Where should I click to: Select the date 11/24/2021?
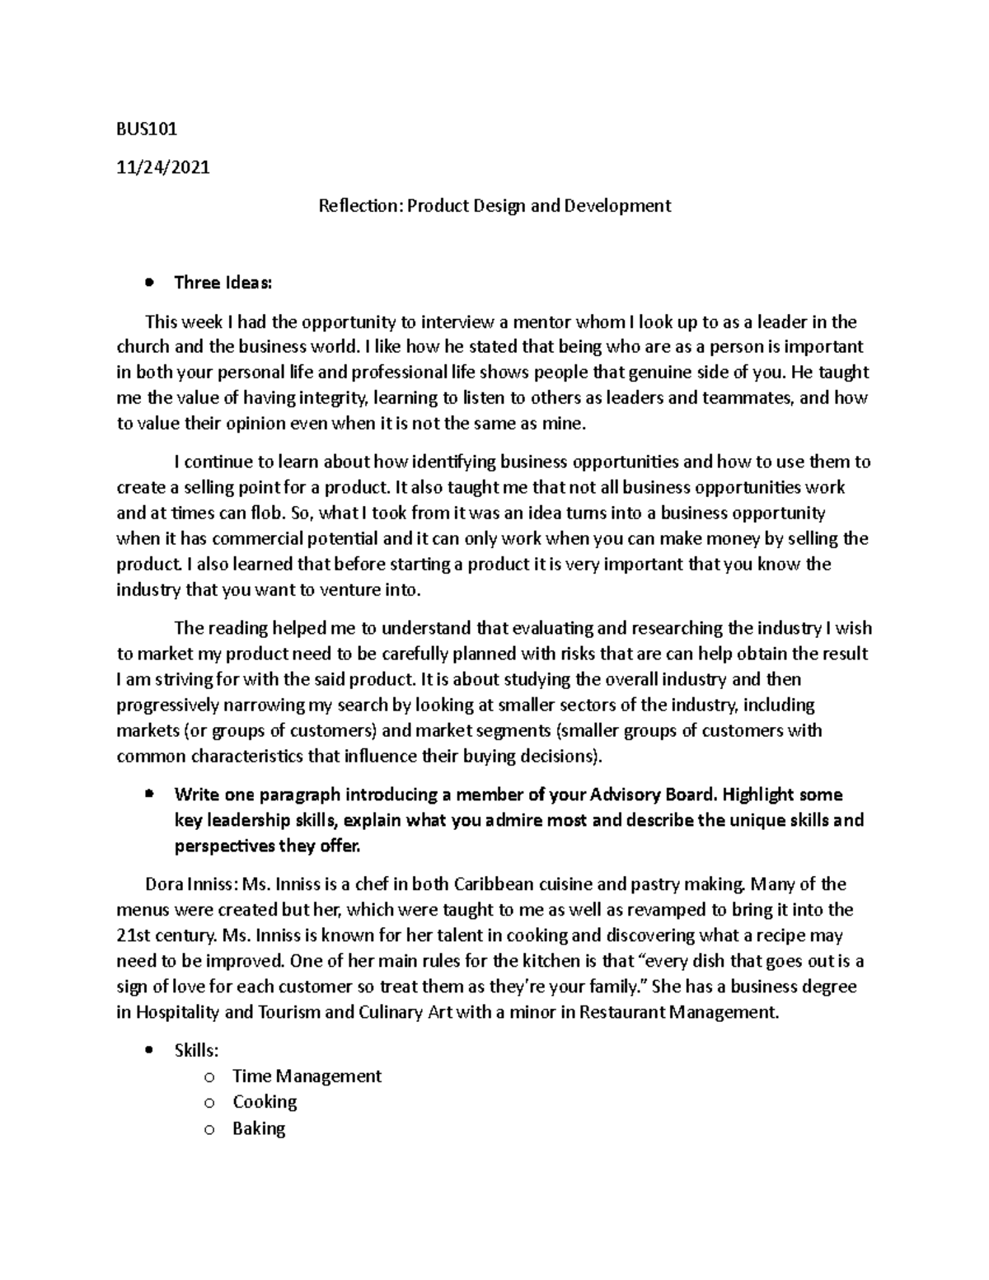pos(163,167)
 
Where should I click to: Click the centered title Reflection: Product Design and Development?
pos(494,205)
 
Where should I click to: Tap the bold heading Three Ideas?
pos(223,283)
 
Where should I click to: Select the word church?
pos(143,347)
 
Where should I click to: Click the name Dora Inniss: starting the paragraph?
pos(190,884)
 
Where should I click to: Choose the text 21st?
pos(134,935)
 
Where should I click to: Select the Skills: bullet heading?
pos(196,1050)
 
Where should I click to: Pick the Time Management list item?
pos(307,1076)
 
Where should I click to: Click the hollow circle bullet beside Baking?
pos(211,1129)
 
